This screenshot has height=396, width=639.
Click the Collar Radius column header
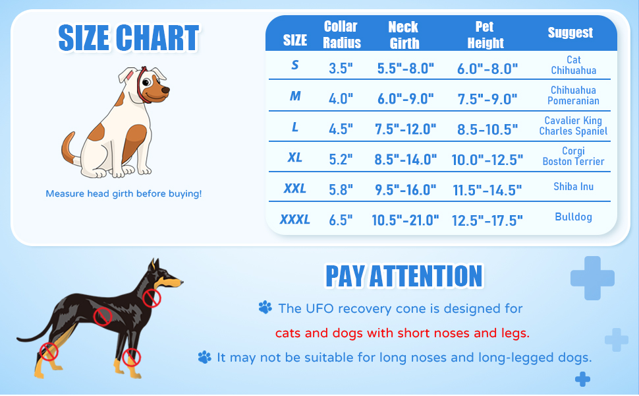(x=342, y=35)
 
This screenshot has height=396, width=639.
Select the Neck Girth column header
(x=403, y=35)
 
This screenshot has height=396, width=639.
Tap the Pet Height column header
(x=486, y=35)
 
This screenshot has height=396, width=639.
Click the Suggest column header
(x=570, y=33)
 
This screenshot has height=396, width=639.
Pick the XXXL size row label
(x=294, y=219)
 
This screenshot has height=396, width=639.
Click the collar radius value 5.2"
(x=341, y=159)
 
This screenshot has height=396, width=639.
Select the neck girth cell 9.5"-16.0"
(x=404, y=190)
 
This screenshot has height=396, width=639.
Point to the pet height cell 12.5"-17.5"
(x=487, y=220)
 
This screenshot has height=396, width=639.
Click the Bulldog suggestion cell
(x=573, y=217)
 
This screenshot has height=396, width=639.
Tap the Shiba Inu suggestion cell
(x=573, y=187)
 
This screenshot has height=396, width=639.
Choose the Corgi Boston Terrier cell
(x=573, y=156)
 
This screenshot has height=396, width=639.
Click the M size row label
(x=295, y=96)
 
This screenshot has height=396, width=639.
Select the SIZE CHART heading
(x=128, y=38)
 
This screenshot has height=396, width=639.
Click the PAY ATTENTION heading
(x=404, y=276)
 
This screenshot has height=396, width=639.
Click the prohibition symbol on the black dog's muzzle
(x=152, y=298)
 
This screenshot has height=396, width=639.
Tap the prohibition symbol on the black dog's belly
(x=102, y=317)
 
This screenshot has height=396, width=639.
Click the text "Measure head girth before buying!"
(x=124, y=194)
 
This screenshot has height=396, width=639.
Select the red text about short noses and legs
(x=402, y=333)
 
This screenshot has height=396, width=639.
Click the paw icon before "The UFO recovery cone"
(x=265, y=308)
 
